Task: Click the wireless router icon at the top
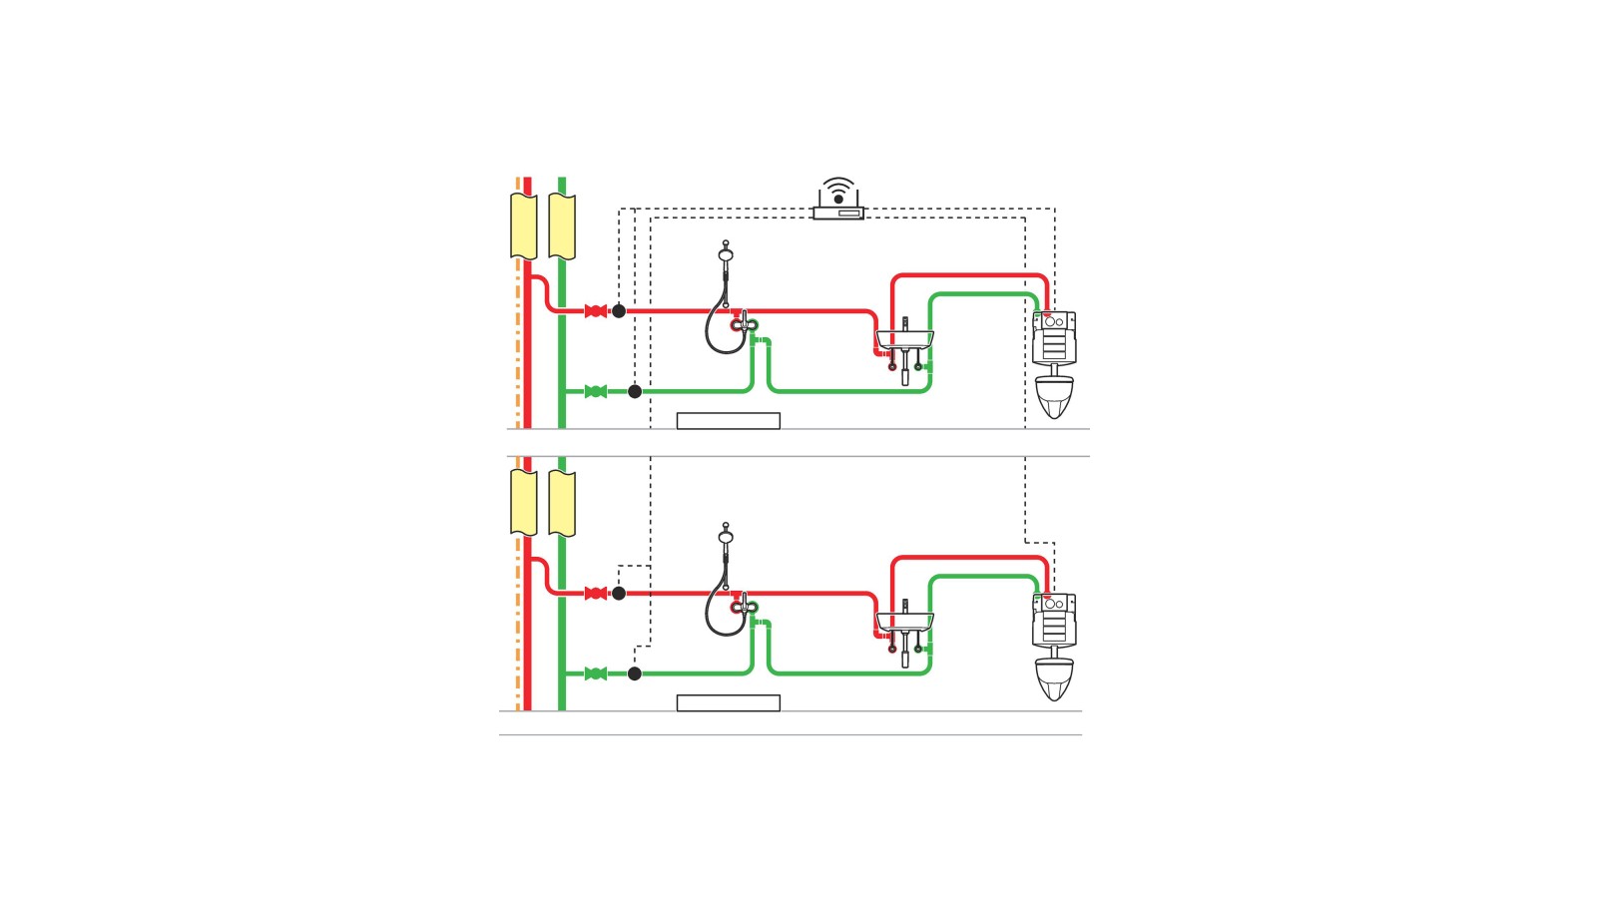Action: (x=838, y=201)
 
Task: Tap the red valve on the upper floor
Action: (x=596, y=311)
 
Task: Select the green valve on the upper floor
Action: (x=596, y=391)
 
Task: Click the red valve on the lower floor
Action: (x=596, y=594)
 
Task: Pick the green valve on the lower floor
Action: (x=596, y=673)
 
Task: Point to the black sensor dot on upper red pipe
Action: (x=619, y=311)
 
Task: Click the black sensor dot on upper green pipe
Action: (x=635, y=391)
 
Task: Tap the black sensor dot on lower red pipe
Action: (x=619, y=594)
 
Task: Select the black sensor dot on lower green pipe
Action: (x=635, y=673)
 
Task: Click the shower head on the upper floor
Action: (x=726, y=254)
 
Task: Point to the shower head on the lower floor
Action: (x=726, y=537)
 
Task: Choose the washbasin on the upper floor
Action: (x=905, y=339)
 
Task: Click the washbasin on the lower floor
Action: (x=905, y=622)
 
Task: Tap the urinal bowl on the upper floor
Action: (x=1054, y=397)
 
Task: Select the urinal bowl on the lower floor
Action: (x=1054, y=679)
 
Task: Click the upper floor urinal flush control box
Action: (x=1054, y=337)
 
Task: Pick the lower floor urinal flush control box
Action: (x=1054, y=620)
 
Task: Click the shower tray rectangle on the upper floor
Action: (x=729, y=421)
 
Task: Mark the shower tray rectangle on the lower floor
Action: (x=729, y=703)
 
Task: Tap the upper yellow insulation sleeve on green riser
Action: (x=562, y=226)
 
